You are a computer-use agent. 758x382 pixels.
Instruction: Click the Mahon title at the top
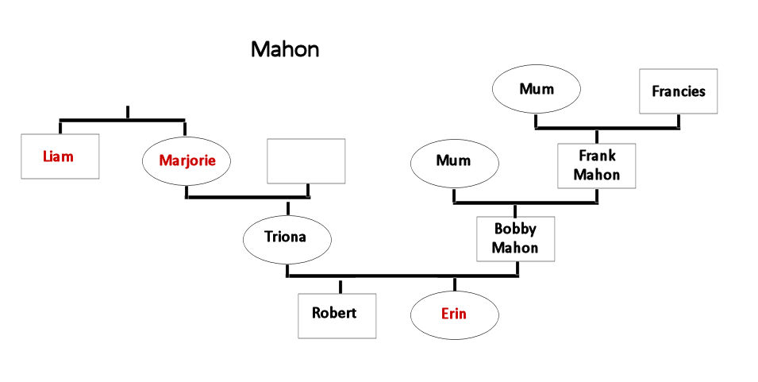[x=285, y=49]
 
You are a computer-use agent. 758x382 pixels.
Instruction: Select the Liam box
[x=60, y=156]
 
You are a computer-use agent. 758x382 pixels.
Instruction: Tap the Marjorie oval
[x=187, y=160]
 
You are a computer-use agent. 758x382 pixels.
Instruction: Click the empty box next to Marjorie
[x=306, y=160]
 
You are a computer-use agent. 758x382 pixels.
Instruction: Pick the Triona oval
[x=286, y=237]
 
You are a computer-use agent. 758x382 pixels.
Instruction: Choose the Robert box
[x=337, y=313]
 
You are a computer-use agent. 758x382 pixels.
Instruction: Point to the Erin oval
[x=454, y=314]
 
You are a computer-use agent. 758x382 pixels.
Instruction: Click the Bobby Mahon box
[x=515, y=238]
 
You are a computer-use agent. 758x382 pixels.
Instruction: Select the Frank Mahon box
[x=597, y=165]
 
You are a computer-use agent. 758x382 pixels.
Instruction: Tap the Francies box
[x=679, y=91]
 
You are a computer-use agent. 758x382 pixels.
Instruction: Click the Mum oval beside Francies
[x=536, y=90]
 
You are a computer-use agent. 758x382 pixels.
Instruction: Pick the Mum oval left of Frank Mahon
[x=454, y=161]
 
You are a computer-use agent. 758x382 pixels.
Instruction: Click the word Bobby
[x=515, y=230]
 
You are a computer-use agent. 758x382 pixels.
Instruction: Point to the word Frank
[x=597, y=156]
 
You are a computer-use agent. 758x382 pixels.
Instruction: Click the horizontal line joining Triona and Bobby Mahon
[x=401, y=276]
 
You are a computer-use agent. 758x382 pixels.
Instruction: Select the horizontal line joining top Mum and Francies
[x=607, y=128]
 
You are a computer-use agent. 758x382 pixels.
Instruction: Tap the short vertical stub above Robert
[x=340, y=286]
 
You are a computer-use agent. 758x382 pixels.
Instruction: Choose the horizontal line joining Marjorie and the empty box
[x=248, y=196]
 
